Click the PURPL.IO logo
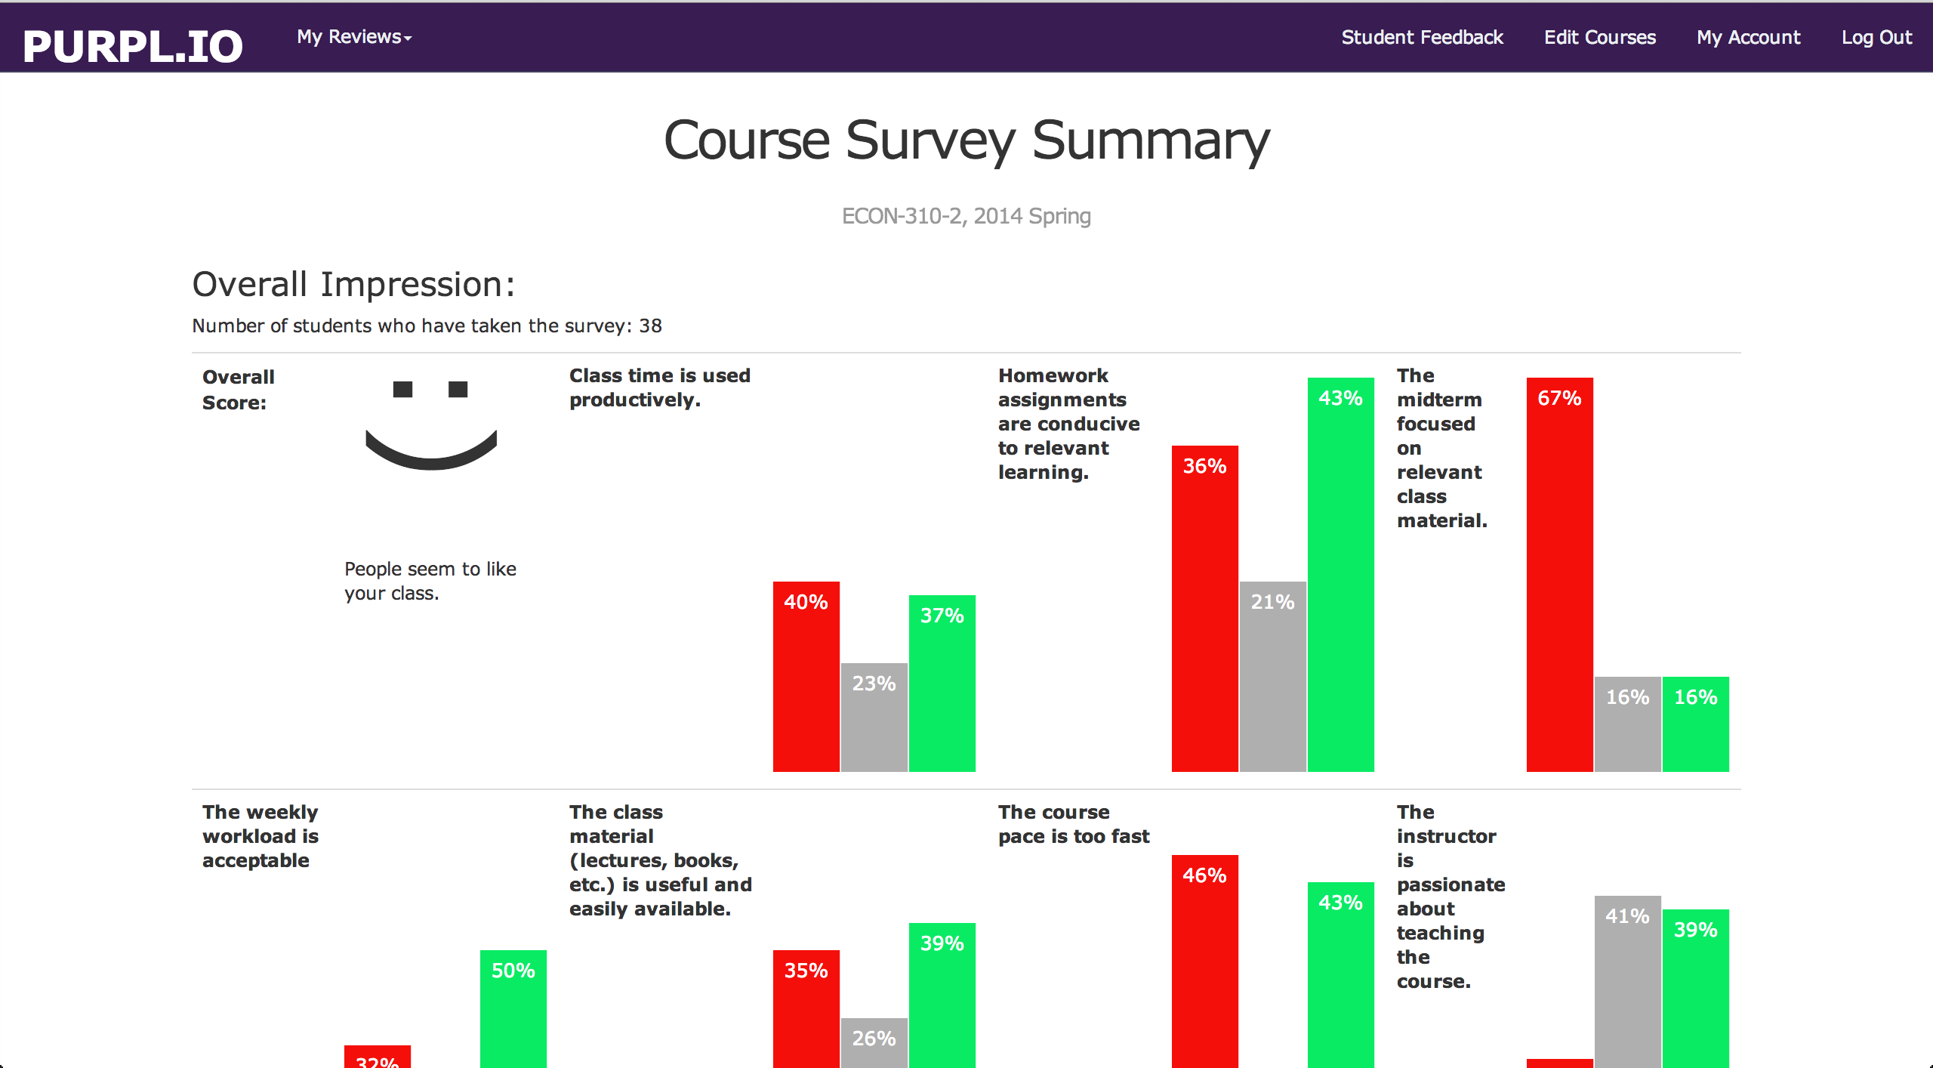point(133,45)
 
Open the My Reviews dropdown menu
point(354,37)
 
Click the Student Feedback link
point(1422,37)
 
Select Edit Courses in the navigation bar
point(1599,37)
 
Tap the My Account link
point(1748,37)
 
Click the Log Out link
point(1876,37)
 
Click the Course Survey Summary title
point(966,140)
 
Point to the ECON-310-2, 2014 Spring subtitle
point(966,216)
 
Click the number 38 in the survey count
point(650,326)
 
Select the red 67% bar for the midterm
point(1559,574)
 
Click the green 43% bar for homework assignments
point(1340,574)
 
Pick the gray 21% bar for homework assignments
point(1272,676)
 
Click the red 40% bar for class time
point(806,676)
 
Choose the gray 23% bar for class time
point(874,718)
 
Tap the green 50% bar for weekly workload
point(513,1008)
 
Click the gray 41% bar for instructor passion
point(1627,982)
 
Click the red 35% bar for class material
point(806,1008)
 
